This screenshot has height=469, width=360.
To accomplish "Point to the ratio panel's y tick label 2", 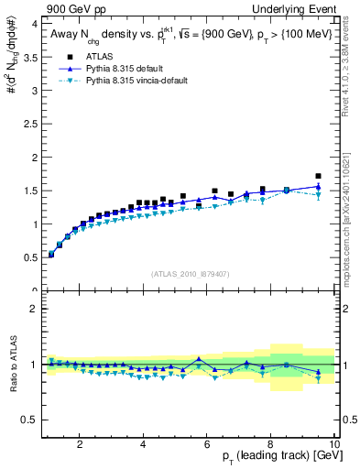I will pyautogui.click(x=32, y=309).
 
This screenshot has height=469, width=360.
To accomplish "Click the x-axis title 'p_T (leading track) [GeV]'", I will pyautogui.click(x=275, y=456).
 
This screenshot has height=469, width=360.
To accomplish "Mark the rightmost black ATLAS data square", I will pyautogui.click(x=318, y=176).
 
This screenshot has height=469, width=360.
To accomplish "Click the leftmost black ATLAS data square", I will pyautogui.click(x=51, y=255).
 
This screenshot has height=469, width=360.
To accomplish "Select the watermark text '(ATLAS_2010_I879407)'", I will pyautogui.click(x=189, y=273).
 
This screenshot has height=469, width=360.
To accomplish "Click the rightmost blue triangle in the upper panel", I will pyautogui.click(x=318, y=186).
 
